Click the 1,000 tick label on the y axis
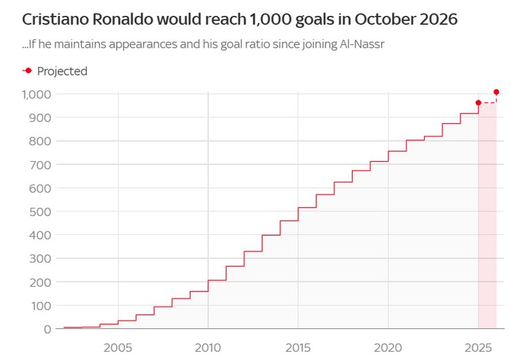pyautogui.click(x=37, y=94)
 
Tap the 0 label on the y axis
pyautogui.click(x=48, y=329)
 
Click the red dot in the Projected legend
pyautogui.click(x=28, y=70)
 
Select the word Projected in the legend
pyautogui.click(x=62, y=71)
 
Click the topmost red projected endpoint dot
pyautogui.click(x=496, y=92)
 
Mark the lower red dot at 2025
pyautogui.click(x=479, y=103)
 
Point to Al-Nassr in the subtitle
pyautogui.click(x=363, y=46)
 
